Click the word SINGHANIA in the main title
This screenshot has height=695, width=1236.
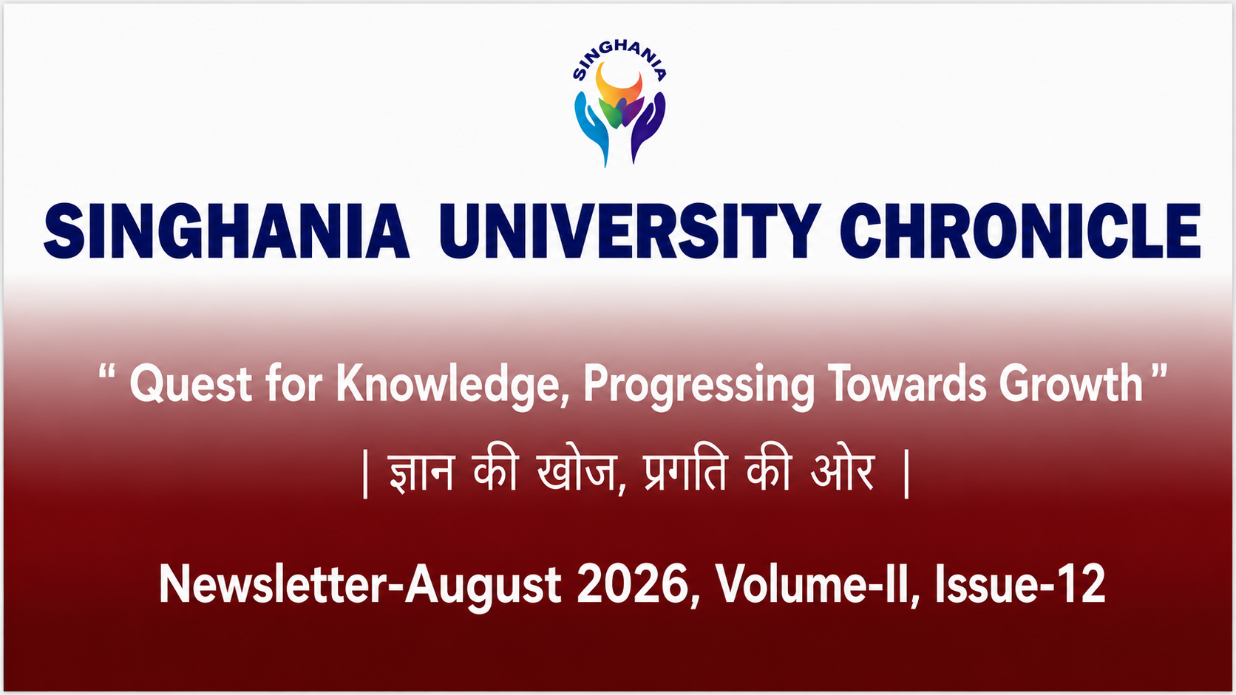227,230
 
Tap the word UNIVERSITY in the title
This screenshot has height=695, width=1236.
630,230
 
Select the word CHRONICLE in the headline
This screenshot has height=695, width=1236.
1020,230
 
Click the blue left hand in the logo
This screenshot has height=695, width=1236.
591,128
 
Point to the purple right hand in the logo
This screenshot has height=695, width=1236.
648,127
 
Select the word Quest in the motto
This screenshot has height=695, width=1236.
191,384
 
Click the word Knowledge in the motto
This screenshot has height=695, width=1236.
452,386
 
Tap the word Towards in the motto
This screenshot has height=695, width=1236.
906,383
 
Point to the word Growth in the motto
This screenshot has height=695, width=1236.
1071,383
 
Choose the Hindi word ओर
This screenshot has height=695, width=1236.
842,472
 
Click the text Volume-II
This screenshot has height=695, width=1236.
811,584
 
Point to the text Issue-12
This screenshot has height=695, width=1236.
1019,584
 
